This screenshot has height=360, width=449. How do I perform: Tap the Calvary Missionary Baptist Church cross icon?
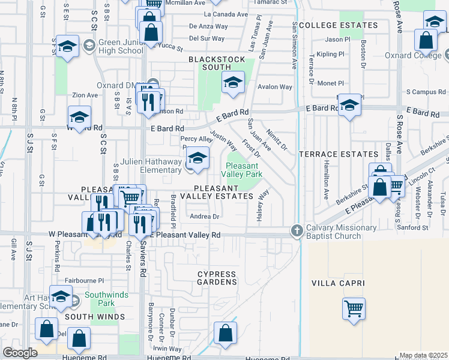click(296, 230)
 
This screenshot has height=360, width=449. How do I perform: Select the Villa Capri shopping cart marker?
click(354, 310)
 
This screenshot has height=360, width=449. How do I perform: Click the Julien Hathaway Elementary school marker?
click(196, 158)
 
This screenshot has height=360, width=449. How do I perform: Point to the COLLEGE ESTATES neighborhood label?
click(339, 25)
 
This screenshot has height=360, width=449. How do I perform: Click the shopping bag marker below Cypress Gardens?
click(225, 333)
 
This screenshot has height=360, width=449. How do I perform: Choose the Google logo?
click(20, 353)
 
